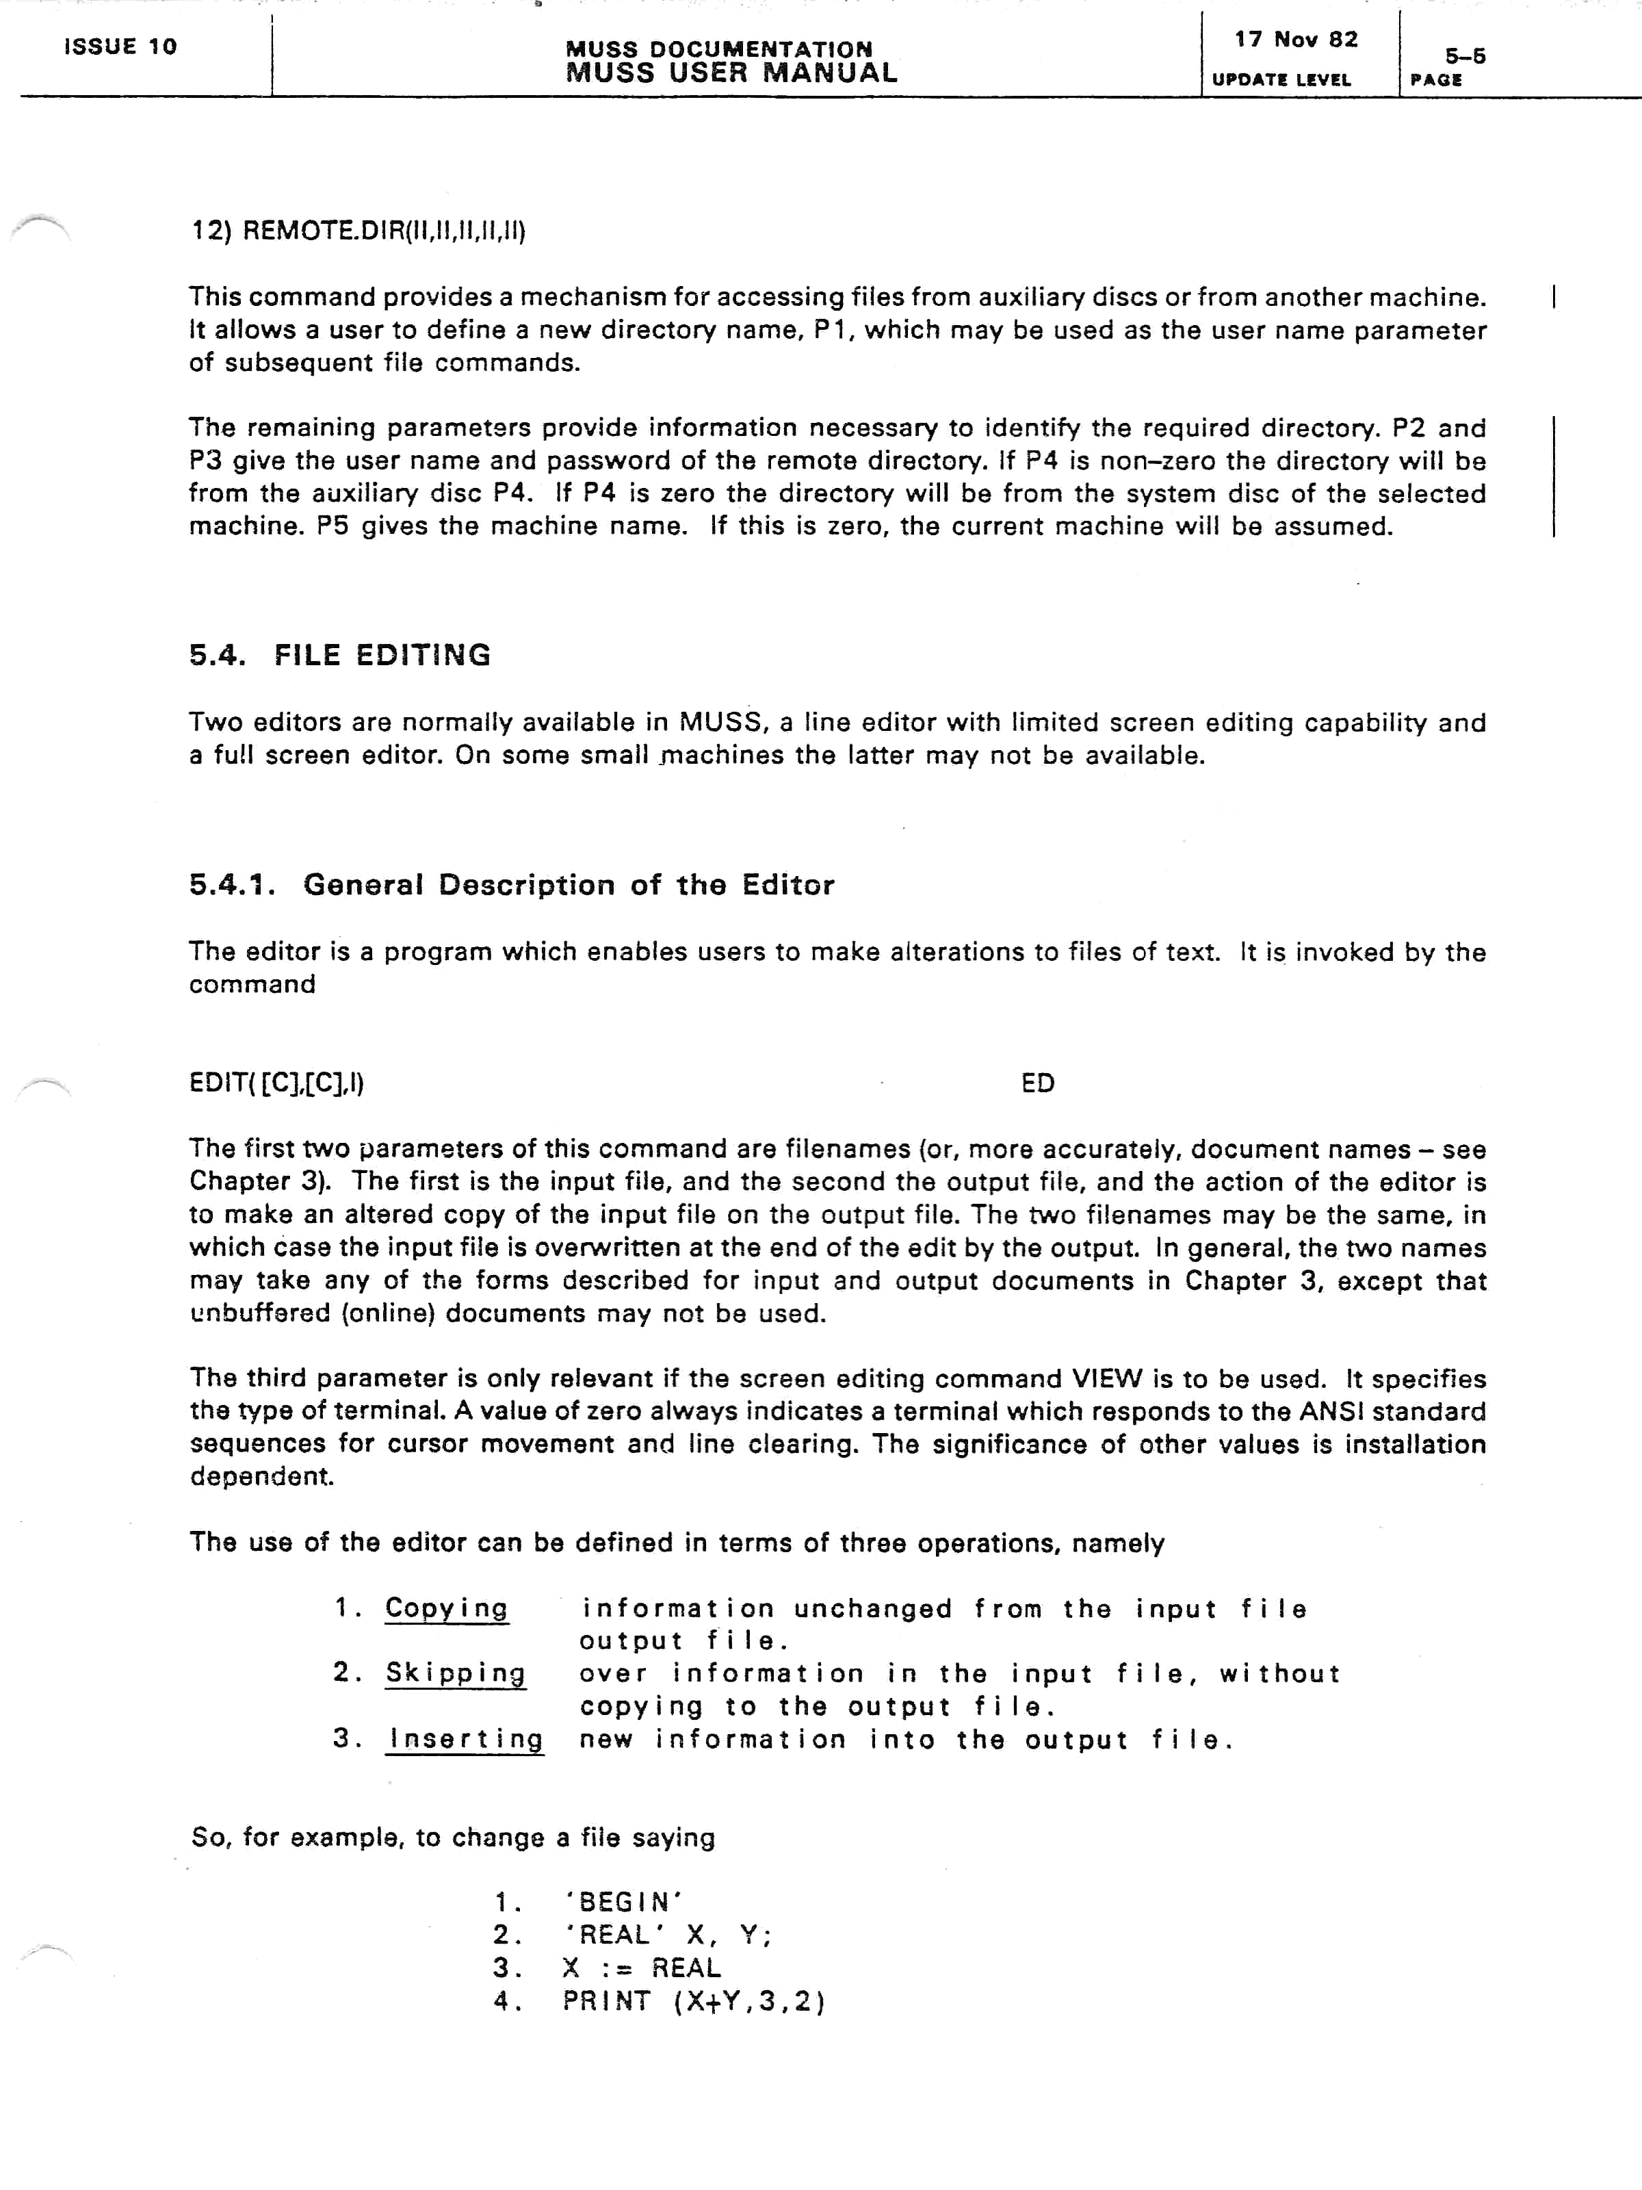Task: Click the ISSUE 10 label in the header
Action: pyautogui.click(x=120, y=47)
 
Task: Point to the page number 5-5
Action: pyautogui.click(x=1464, y=56)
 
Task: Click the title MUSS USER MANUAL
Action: pyautogui.click(x=731, y=73)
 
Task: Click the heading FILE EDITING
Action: pyautogui.click(x=382, y=656)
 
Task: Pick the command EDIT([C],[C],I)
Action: pyautogui.click(x=276, y=1083)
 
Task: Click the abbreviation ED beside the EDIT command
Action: pyautogui.click(x=1037, y=1083)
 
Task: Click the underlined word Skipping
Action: pyautogui.click(x=455, y=1673)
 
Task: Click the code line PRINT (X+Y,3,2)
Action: pyautogui.click(x=694, y=2001)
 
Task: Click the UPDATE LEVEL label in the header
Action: pyautogui.click(x=1281, y=80)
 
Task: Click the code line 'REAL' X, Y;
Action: pyautogui.click(x=667, y=1935)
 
